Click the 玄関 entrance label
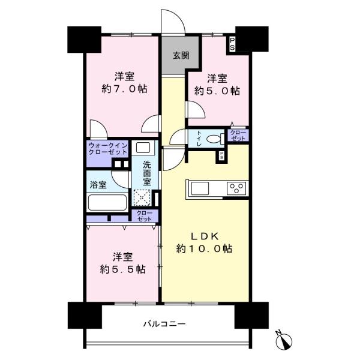(x=181, y=55)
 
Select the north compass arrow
(x=284, y=340)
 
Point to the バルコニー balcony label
(x=164, y=324)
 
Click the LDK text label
(x=205, y=236)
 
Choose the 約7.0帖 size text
(x=124, y=89)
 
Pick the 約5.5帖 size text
(x=123, y=269)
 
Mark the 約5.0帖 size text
(x=217, y=91)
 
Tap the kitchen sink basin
(x=200, y=188)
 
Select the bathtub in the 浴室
(x=107, y=203)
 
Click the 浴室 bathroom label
(x=98, y=185)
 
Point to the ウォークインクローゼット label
(x=107, y=149)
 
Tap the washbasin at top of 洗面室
(x=143, y=148)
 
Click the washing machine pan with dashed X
(x=142, y=197)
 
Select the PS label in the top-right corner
(x=232, y=44)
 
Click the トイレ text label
(x=199, y=139)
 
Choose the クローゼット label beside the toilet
(x=238, y=136)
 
